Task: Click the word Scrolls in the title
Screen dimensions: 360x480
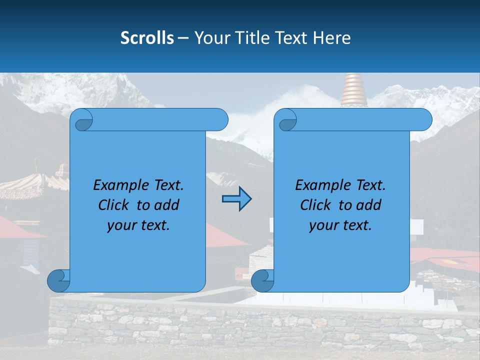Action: tap(147, 38)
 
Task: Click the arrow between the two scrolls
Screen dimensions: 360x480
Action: tap(236, 198)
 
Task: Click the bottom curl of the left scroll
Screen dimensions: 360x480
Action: tap(58, 280)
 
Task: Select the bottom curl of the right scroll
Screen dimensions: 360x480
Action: tap(262, 280)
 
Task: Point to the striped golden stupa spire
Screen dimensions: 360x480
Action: tap(354, 90)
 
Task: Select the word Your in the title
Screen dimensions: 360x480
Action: tap(210, 38)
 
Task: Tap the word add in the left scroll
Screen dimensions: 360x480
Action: tap(165, 205)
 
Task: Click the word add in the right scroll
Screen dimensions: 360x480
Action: tap(367, 205)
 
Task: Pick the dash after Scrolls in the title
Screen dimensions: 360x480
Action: tap(183, 38)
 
